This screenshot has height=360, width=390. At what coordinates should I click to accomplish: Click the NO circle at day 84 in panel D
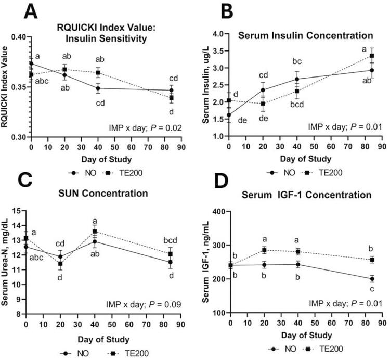372,279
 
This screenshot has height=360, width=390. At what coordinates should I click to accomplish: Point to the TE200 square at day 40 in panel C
94,232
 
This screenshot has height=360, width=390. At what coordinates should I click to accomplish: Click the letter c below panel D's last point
372,291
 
